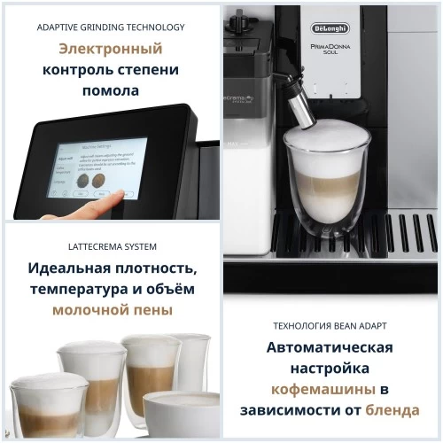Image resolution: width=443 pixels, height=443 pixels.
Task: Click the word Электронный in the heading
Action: [111, 49]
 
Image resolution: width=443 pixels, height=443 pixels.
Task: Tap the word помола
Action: [111, 90]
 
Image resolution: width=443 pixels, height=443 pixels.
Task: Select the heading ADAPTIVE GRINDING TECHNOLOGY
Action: [111, 27]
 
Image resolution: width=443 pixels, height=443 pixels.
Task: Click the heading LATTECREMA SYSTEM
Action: [111, 245]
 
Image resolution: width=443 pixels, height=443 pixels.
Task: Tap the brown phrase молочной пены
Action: [111, 311]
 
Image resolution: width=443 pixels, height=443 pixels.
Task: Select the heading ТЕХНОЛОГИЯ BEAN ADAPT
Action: [332, 324]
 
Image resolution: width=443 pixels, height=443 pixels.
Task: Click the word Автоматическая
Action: [332, 346]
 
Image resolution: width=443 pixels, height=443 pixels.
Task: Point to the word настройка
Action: [332, 368]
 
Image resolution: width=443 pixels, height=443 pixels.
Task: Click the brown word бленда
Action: [391, 410]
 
